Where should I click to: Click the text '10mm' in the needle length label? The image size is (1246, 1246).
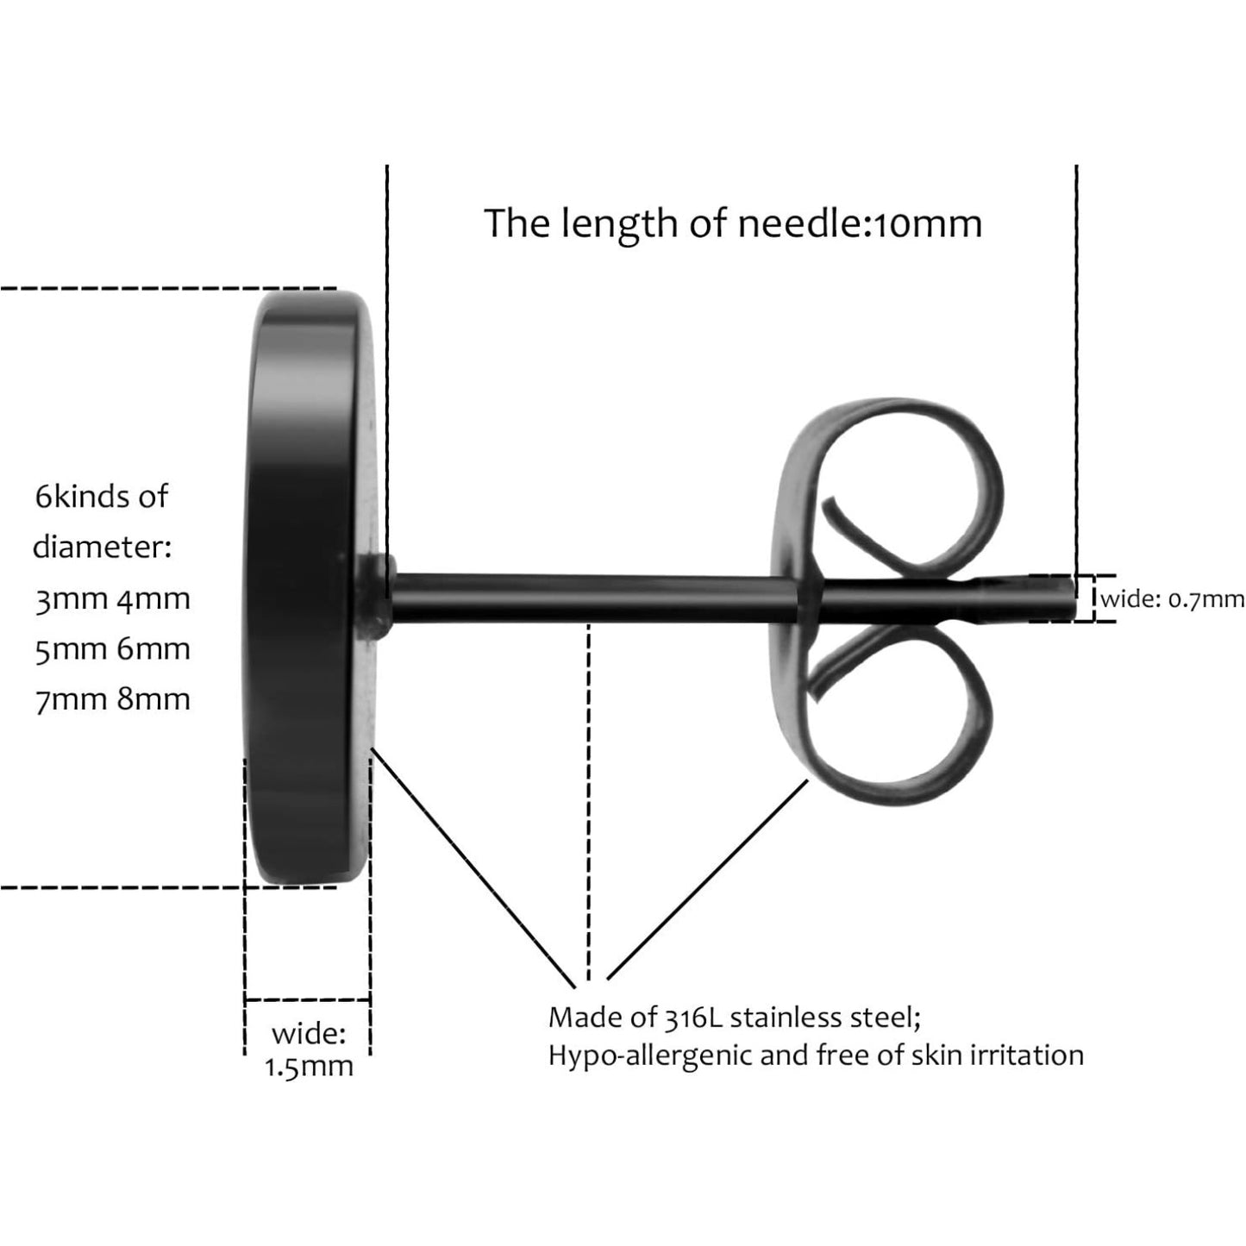(x=929, y=224)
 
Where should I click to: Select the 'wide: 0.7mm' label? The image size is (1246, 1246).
(x=1173, y=599)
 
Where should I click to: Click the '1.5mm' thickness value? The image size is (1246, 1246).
(x=309, y=1067)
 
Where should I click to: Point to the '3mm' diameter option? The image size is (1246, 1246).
(x=71, y=599)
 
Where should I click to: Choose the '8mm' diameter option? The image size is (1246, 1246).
(x=153, y=699)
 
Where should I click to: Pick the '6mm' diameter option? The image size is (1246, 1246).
(x=153, y=649)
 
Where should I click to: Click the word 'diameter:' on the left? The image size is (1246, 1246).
(x=102, y=547)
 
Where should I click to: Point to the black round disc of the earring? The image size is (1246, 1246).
(x=309, y=587)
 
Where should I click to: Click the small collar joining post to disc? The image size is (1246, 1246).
(x=376, y=598)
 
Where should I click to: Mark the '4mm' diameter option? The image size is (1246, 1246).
(x=153, y=599)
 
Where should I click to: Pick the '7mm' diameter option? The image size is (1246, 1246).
(x=71, y=699)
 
